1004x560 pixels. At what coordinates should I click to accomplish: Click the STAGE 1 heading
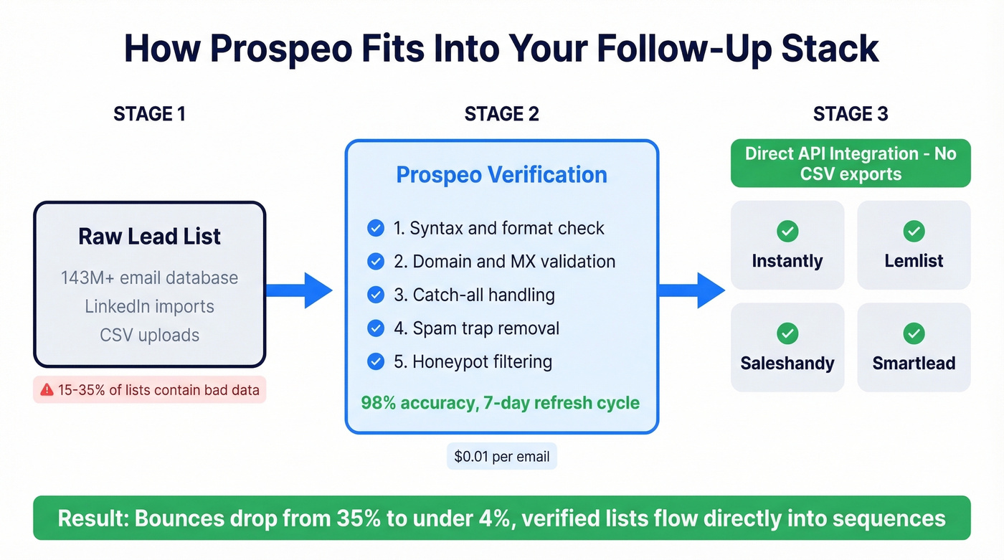click(149, 114)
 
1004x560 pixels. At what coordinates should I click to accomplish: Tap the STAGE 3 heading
click(851, 114)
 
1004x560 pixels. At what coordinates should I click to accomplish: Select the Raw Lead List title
click(150, 237)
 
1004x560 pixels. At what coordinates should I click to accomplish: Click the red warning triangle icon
click(47, 390)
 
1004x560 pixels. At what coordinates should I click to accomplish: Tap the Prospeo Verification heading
click(501, 174)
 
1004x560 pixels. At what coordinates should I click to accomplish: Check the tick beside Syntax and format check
click(376, 228)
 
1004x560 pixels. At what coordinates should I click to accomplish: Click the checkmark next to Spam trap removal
click(376, 328)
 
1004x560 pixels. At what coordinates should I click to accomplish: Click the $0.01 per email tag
click(501, 456)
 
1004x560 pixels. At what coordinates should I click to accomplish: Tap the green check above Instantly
click(787, 231)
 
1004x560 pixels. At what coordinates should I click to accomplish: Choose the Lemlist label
click(914, 261)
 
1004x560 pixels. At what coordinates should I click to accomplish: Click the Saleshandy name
click(787, 363)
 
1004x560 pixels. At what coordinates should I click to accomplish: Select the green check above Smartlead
click(914, 333)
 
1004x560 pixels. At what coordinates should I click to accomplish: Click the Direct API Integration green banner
click(851, 163)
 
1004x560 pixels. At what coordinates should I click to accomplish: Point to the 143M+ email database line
click(150, 278)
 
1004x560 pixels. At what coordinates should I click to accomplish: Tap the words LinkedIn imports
click(150, 307)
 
